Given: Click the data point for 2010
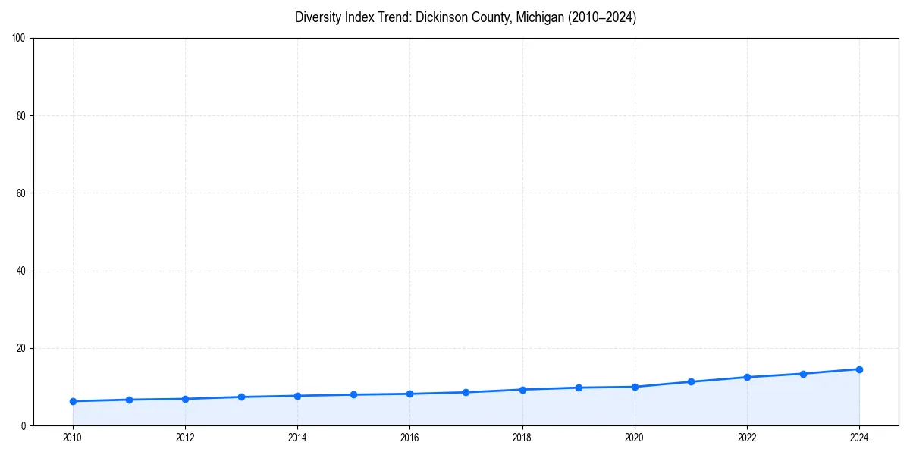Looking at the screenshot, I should point(73,401).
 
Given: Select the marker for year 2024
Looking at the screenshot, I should point(859,369).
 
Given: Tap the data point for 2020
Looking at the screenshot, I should point(635,387).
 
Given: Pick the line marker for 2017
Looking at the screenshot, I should point(466,392).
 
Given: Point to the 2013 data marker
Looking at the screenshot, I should point(241,397).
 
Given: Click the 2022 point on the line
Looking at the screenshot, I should point(747,377).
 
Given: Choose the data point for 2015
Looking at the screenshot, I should point(353,394).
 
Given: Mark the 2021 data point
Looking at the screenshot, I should point(691,381).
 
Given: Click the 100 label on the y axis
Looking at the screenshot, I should point(19,38).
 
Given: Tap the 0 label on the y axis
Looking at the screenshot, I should point(24,425).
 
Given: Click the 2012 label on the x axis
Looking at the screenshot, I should point(185,438).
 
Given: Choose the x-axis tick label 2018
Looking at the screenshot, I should point(522,438).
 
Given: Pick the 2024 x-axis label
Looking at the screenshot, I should point(859,438).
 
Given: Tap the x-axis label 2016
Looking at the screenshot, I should point(409,438).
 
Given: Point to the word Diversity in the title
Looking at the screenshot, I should point(318,17).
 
